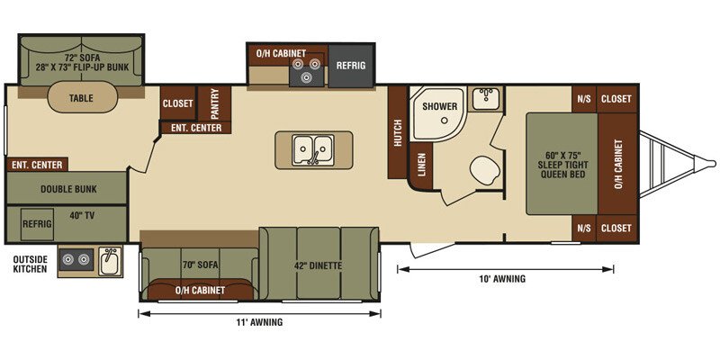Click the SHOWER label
[x=439, y=106]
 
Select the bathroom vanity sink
[x=486, y=98]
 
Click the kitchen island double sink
[x=313, y=149]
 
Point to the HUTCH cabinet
[x=398, y=132]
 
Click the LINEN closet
[x=421, y=164]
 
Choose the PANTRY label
[x=214, y=103]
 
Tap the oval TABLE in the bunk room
[x=81, y=97]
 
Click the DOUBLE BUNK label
[x=68, y=189]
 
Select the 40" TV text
[x=83, y=215]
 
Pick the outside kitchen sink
[x=110, y=261]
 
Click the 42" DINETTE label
[x=319, y=265]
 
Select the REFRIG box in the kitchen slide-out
[x=350, y=66]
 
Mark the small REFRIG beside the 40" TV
[x=37, y=224]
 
